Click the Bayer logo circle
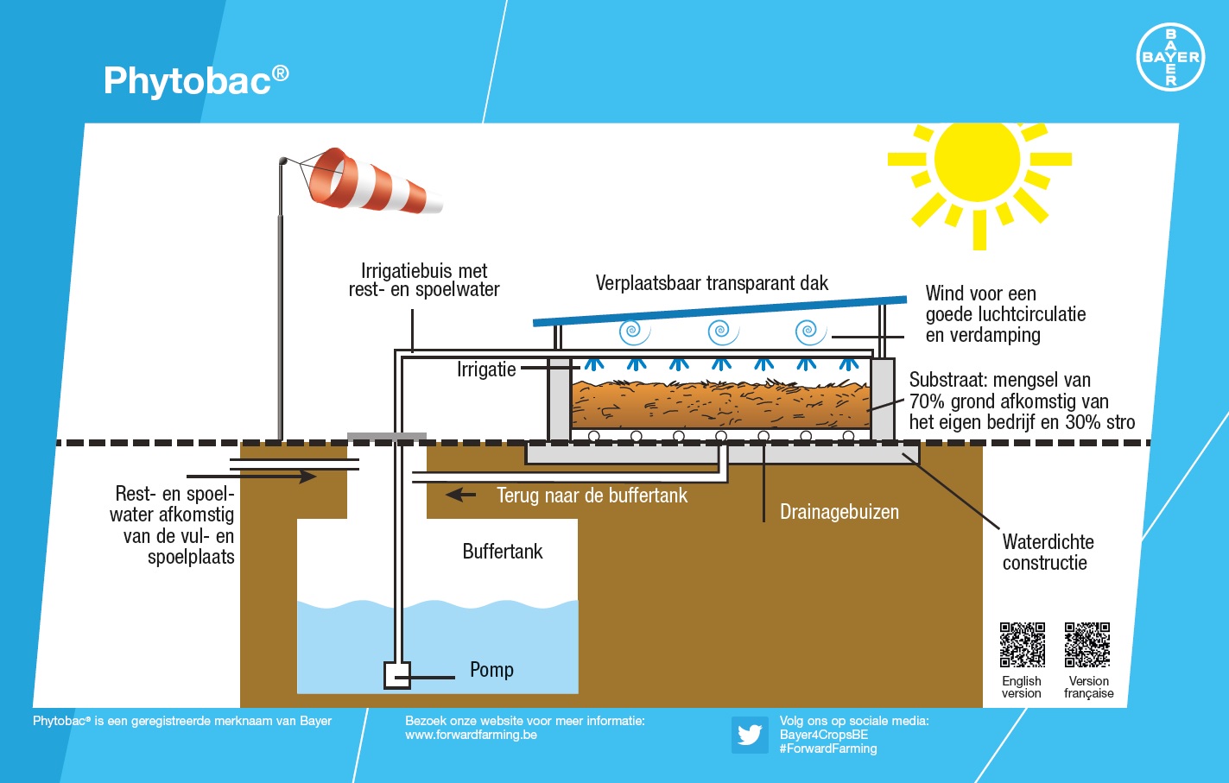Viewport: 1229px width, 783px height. (x=1170, y=57)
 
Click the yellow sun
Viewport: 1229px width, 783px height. (x=977, y=160)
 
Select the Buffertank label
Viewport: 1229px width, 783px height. (x=502, y=552)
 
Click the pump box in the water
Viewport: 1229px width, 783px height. (x=396, y=674)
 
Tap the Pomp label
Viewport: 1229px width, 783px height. (x=491, y=670)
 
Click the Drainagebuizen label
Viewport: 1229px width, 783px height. (x=839, y=512)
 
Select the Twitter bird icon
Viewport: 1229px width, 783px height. (x=749, y=735)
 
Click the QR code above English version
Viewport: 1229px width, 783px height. (x=1022, y=645)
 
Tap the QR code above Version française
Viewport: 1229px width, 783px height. (x=1087, y=645)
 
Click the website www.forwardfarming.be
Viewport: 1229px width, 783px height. (x=471, y=736)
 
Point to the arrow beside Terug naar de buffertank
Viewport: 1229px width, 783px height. (x=460, y=495)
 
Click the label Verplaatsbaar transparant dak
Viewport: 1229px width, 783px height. (x=712, y=283)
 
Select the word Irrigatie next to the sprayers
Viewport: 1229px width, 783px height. (x=486, y=369)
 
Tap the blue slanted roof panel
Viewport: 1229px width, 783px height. (x=719, y=311)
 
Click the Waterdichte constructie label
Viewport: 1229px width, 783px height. (x=1048, y=553)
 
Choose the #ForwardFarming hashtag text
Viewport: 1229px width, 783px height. (x=827, y=749)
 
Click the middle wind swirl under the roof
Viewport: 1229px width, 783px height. (x=722, y=332)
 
